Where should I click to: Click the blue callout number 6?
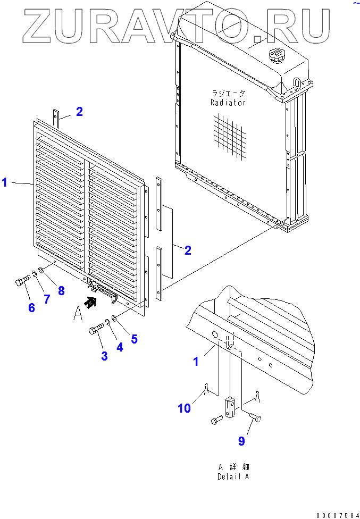[31, 307]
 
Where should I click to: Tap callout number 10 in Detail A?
[185, 408]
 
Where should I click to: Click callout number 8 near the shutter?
[61, 290]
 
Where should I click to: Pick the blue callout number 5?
[134, 338]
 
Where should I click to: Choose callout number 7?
[47, 299]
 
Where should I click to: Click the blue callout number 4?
[120, 347]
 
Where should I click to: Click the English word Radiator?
[228, 103]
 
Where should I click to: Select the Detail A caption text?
[233, 472]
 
